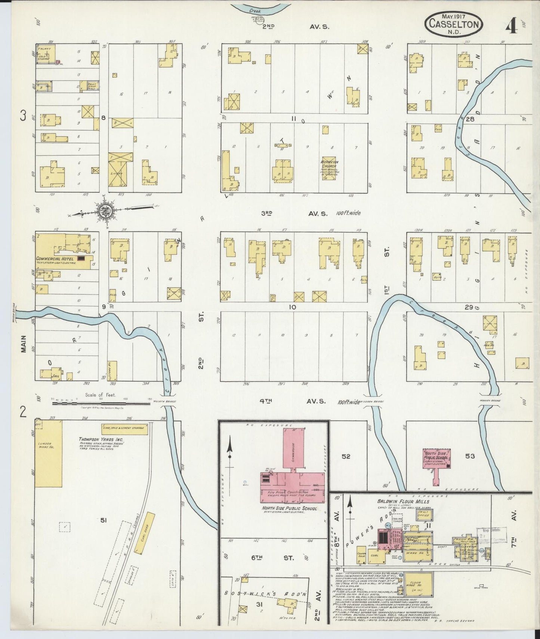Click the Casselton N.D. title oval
[x=454, y=24]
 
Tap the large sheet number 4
[x=511, y=25]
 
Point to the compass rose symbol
[x=105, y=212]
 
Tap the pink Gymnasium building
[x=293, y=448]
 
